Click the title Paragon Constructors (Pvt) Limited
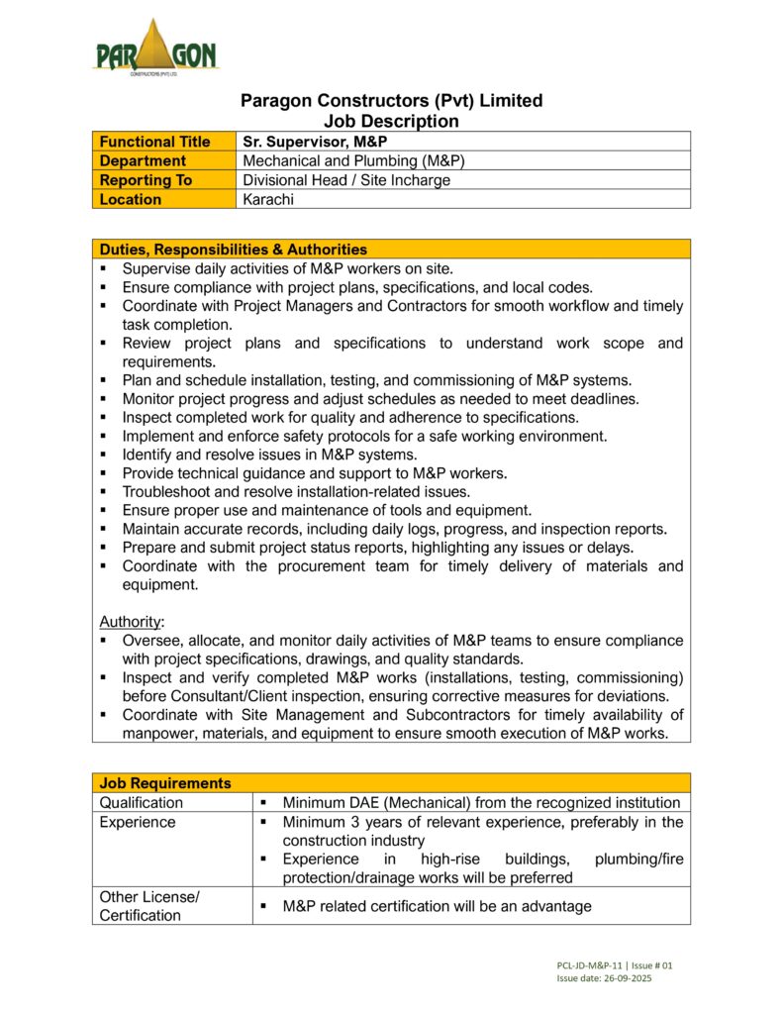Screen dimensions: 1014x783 point(392,101)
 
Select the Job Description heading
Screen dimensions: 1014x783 point(392,121)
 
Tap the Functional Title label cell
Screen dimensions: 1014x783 point(155,142)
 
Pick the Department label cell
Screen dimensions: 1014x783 point(143,160)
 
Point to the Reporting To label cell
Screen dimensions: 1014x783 point(146,180)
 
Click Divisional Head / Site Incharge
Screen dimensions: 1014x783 point(346,180)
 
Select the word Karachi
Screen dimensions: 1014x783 point(268,199)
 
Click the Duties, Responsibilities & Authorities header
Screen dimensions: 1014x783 point(234,250)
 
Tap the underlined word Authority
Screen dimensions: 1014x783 point(130,622)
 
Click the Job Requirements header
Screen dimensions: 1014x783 point(165,783)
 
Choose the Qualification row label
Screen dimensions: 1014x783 point(142,802)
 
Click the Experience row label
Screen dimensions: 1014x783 point(138,822)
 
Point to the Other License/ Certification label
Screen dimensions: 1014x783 point(149,906)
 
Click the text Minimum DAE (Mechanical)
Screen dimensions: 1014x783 point(383,802)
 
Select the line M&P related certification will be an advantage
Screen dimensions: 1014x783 point(437,906)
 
